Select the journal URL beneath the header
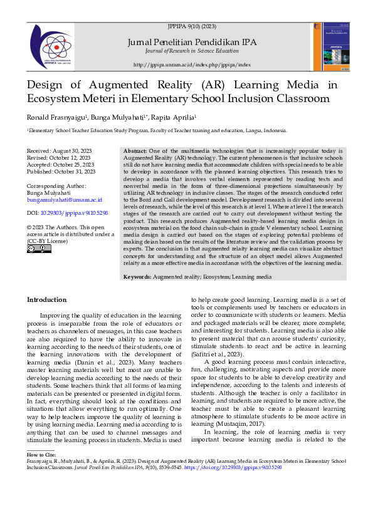tap(192, 65)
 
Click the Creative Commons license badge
tap(39, 249)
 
